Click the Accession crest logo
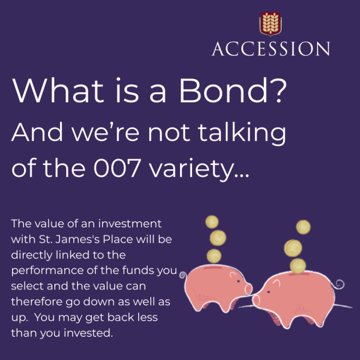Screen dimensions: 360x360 (270, 24)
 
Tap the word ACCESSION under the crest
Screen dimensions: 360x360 (270, 49)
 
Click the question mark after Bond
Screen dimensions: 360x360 (278, 92)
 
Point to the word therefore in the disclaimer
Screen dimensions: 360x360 (39, 300)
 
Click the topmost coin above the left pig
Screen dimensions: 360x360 (213, 222)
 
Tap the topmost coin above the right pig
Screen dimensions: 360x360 (304, 227)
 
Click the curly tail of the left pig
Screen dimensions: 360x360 (183, 275)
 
